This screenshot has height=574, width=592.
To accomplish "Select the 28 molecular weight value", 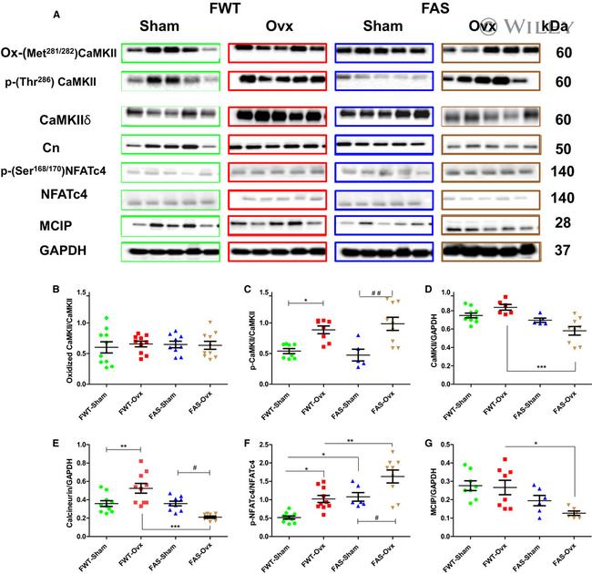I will tap(564, 224).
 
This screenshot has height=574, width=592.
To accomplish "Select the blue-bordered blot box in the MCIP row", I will tap(383, 223).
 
